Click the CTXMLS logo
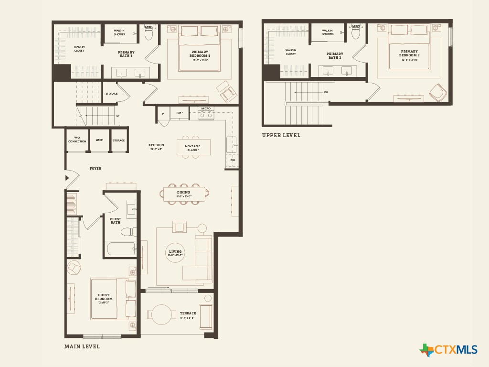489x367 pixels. click(448, 350)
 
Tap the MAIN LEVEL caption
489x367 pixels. click(82, 346)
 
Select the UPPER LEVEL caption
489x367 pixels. click(281, 135)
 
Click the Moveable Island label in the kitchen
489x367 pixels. click(193, 148)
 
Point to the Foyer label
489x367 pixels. click(96, 169)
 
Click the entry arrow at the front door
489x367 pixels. click(67, 178)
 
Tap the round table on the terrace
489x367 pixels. click(162, 314)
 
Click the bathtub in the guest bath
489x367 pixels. click(121, 248)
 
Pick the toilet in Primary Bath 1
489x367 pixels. click(149, 34)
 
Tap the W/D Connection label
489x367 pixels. click(77, 140)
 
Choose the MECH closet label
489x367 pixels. click(99, 140)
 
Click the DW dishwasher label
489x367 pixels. click(233, 160)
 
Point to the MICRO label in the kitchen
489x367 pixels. click(206, 108)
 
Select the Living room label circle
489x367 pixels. click(175, 253)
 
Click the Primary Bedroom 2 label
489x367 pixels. click(409, 53)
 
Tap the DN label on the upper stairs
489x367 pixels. click(326, 92)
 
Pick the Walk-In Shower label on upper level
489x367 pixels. click(328, 32)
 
